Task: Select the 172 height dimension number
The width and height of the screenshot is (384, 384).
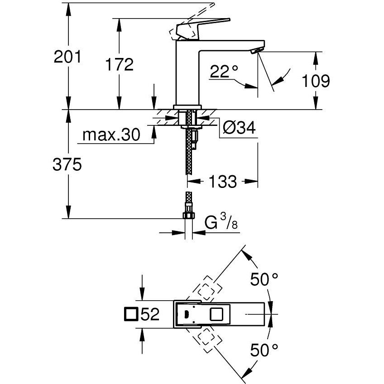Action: pyautogui.click(x=120, y=64)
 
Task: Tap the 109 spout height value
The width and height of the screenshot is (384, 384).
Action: pyautogui.click(x=316, y=81)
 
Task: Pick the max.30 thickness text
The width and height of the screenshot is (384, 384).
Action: pyautogui.click(x=111, y=135)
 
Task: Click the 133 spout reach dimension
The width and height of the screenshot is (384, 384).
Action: pyautogui.click(x=222, y=182)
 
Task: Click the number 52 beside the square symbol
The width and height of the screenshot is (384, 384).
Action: pyautogui.click(x=150, y=315)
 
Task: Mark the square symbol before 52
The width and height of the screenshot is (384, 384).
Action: pyautogui.click(x=131, y=314)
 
